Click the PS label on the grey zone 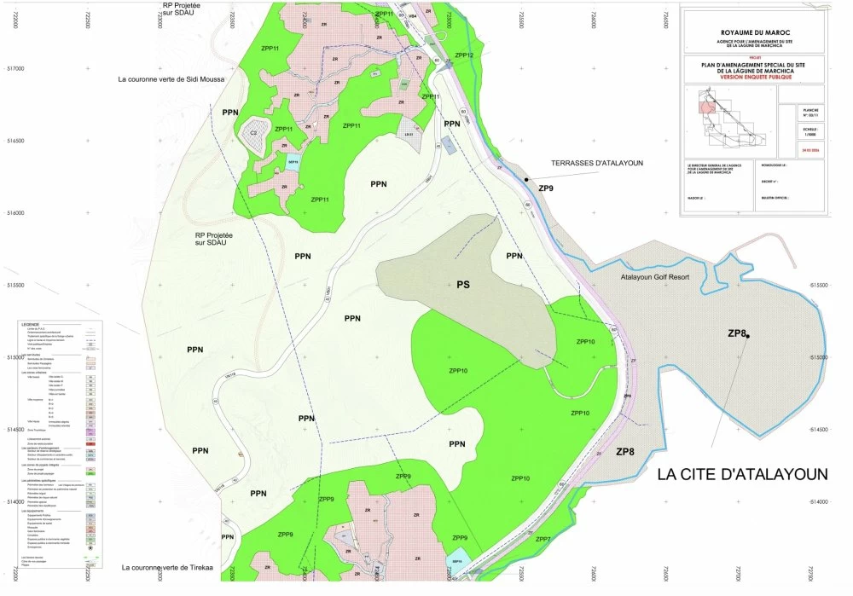[463, 284]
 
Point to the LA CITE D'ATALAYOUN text [742, 475]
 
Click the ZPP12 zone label [464, 55]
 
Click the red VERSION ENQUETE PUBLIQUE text [753, 78]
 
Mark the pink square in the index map [706, 107]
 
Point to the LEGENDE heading [31, 325]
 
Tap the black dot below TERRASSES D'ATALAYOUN [527, 180]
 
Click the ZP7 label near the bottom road [543, 540]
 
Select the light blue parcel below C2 [293, 161]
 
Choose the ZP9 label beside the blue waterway [546, 188]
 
